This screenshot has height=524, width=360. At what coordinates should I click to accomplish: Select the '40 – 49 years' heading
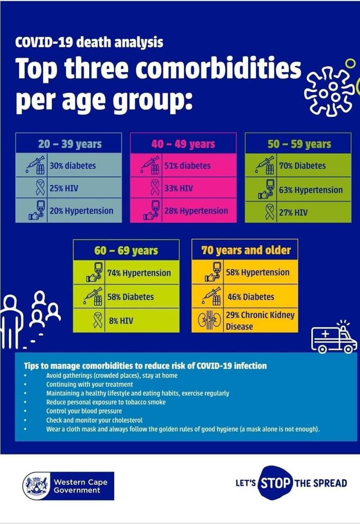tap(183, 144)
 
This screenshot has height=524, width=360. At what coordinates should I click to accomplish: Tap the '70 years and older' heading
tap(246, 250)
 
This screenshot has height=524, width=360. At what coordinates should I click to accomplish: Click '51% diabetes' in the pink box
tap(188, 166)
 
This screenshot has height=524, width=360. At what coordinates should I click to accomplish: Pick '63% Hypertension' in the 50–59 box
tap(311, 190)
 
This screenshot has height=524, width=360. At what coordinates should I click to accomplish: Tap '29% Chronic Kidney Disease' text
tap(260, 320)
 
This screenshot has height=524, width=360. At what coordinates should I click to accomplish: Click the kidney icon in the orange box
tap(208, 321)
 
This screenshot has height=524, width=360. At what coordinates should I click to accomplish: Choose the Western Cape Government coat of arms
tap(37, 486)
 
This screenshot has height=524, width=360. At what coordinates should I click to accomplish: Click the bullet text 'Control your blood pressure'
tap(84, 411)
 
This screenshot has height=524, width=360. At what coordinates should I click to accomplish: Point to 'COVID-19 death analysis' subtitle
tap(89, 43)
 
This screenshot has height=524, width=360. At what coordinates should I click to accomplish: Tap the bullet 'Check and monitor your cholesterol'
tap(95, 420)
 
